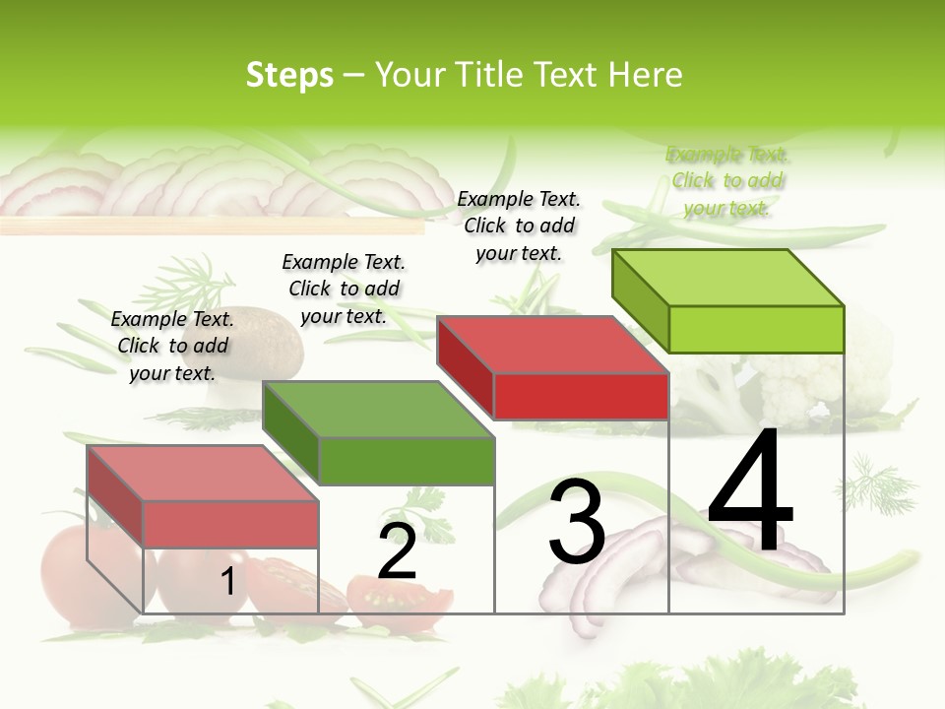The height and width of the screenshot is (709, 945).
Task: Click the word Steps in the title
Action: tap(289, 75)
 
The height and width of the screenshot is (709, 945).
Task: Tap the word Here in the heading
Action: tap(646, 75)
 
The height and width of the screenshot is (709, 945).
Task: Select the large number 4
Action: tap(750, 492)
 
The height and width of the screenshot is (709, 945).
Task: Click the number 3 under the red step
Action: tap(577, 522)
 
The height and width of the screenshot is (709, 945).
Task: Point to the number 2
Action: tap(397, 552)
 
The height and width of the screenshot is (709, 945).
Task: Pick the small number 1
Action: tap(227, 581)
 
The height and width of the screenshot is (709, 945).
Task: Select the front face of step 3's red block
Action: tap(581, 396)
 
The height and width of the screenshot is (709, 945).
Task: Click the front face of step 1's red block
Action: tap(230, 524)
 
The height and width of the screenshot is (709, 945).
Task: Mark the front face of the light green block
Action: tap(756, 329)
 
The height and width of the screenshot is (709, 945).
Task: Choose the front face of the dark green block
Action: tap(407, 461)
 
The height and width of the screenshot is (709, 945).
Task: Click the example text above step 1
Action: tap(172, 346)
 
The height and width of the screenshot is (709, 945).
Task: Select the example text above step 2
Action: tap(344, 289)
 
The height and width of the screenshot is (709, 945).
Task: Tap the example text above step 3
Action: tap(519, 226)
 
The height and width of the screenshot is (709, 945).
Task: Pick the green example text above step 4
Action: tap(726, 181)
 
